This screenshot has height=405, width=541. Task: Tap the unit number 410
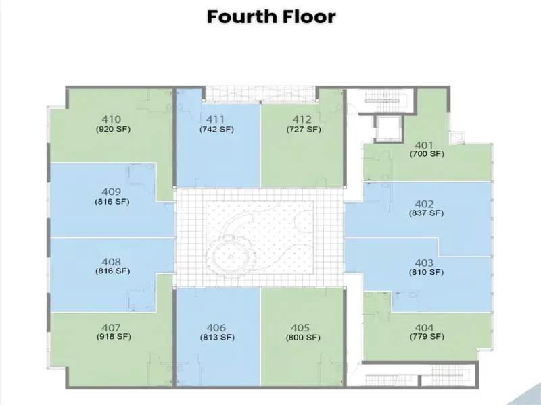tap(112, 119)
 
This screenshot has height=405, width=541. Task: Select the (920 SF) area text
tap(113, 130)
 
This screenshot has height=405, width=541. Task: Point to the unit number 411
tap(215, 119)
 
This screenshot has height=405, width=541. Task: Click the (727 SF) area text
tap(304, 130)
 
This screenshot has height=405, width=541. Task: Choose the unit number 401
tap(424, 145)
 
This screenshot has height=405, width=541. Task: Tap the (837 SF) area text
tap(427, 213)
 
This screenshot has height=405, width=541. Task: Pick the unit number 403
tap(424, 263)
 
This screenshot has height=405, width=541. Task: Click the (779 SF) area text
tap(427, 336)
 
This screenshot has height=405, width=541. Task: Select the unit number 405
tap(300, 327)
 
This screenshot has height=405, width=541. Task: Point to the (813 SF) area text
tap(217, 337)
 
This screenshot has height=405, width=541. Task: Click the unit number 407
tap(112, 327)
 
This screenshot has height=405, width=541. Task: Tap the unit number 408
tap(112, 262)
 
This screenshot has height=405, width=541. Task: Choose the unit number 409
tap(112, 192)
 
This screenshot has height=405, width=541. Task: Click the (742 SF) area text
tap(216, 130)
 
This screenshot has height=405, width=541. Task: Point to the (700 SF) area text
tap(427, 154)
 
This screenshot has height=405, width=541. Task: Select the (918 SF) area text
tap(114, 336)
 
